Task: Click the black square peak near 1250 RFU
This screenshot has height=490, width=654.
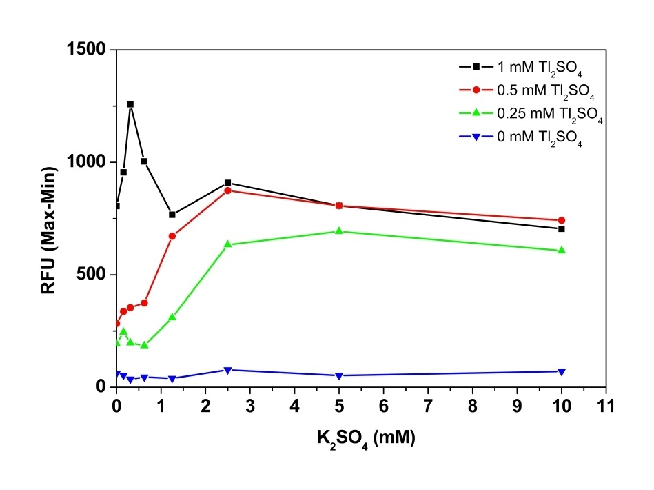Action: click(130, 104)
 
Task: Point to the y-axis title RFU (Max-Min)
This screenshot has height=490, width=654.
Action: click(49, 218)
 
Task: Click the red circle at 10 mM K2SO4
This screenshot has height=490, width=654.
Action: click(562, 220)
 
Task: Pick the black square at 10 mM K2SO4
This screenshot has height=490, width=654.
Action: click(562, 228)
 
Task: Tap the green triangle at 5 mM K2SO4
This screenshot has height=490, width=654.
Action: click(339, 231)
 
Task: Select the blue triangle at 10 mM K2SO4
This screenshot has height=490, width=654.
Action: click(562, 372)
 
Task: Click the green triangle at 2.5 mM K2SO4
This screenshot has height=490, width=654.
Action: click(228, 244)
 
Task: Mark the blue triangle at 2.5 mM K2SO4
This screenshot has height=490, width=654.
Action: click(228, 371)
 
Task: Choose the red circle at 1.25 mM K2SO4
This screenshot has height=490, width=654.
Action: click(172, 236)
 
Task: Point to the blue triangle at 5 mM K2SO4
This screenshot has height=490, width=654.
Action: click(339, 376)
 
